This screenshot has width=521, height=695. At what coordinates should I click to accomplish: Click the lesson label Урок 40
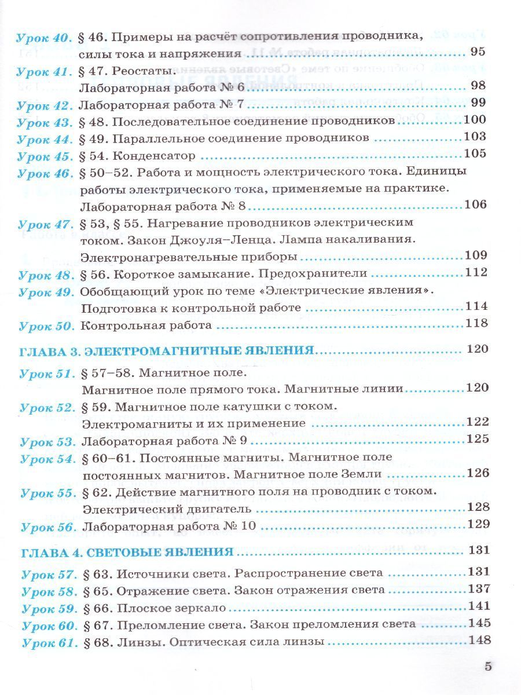pyautogui.click(x=43, y=38)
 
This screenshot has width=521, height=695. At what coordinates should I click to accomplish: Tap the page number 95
pyautogui.click(x=478, y=52)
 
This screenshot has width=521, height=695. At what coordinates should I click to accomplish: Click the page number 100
pyautogui.click(x=475, y=120)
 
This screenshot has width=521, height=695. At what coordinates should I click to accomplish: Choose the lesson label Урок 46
pyautogui.click(x=45, y=173)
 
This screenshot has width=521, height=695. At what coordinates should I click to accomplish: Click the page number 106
pyautogui.click(x=476, y=205)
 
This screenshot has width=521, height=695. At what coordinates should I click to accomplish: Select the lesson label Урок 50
pyautogui.click(x=46, y=326)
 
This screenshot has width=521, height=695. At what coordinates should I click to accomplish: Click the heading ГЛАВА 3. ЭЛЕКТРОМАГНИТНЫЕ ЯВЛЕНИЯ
pyautogui.click(x=167, y=351)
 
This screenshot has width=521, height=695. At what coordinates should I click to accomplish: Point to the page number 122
pyautogui.click(x=478, y=422)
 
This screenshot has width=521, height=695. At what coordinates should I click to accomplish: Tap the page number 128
pyautogui.click(x=478, y=508)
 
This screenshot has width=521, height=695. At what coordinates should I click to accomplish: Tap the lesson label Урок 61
pyautogui.click(x=49, y=643)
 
